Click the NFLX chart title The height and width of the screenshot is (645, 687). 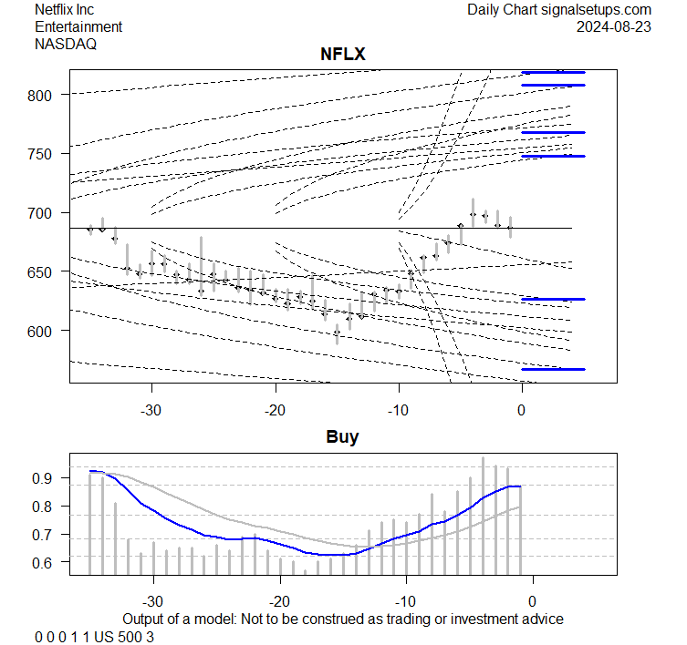(342, 55)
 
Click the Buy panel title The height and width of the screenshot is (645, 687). (342, 437)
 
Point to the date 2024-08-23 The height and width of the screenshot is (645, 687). (614, 26)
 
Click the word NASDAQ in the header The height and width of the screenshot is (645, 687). (66, 43)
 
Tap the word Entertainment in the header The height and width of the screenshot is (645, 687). (78, 26)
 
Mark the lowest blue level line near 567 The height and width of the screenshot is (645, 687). (553, 369)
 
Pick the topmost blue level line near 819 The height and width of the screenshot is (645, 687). (553, 72)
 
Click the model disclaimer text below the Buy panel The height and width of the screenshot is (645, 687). (342, 619)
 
